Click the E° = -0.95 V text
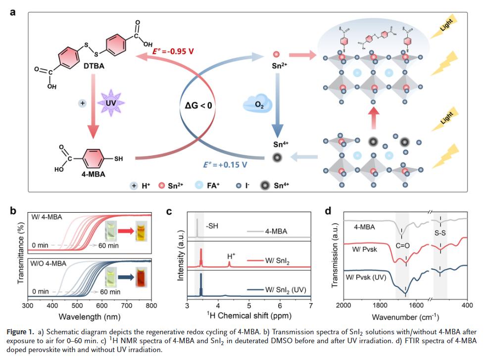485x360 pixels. click(173, 51)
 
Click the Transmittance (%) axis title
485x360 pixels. click(20, 255)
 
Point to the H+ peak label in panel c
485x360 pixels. click(231, 257)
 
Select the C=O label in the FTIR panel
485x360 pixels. click(401, 244)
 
